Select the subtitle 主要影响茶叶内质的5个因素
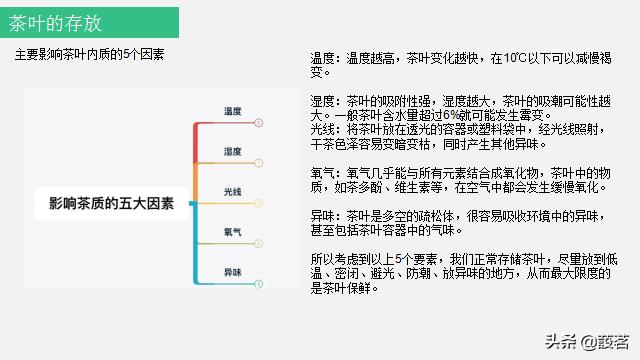[90, 53]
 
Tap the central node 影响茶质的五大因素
[111, 204]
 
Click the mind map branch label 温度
[232, 111]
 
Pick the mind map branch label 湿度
[232, 151]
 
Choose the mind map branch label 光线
[232, 191]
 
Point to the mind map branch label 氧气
[232, 232]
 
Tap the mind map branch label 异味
[232, 272]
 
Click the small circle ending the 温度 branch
[258, 122]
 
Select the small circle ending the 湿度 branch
[258, 162]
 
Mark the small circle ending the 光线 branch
[258, 203]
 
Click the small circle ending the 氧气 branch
[258, 243]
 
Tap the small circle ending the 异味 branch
[258, 284]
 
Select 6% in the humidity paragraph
[433, 115]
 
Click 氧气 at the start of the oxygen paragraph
[323, 172]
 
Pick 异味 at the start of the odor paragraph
[323, 215]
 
